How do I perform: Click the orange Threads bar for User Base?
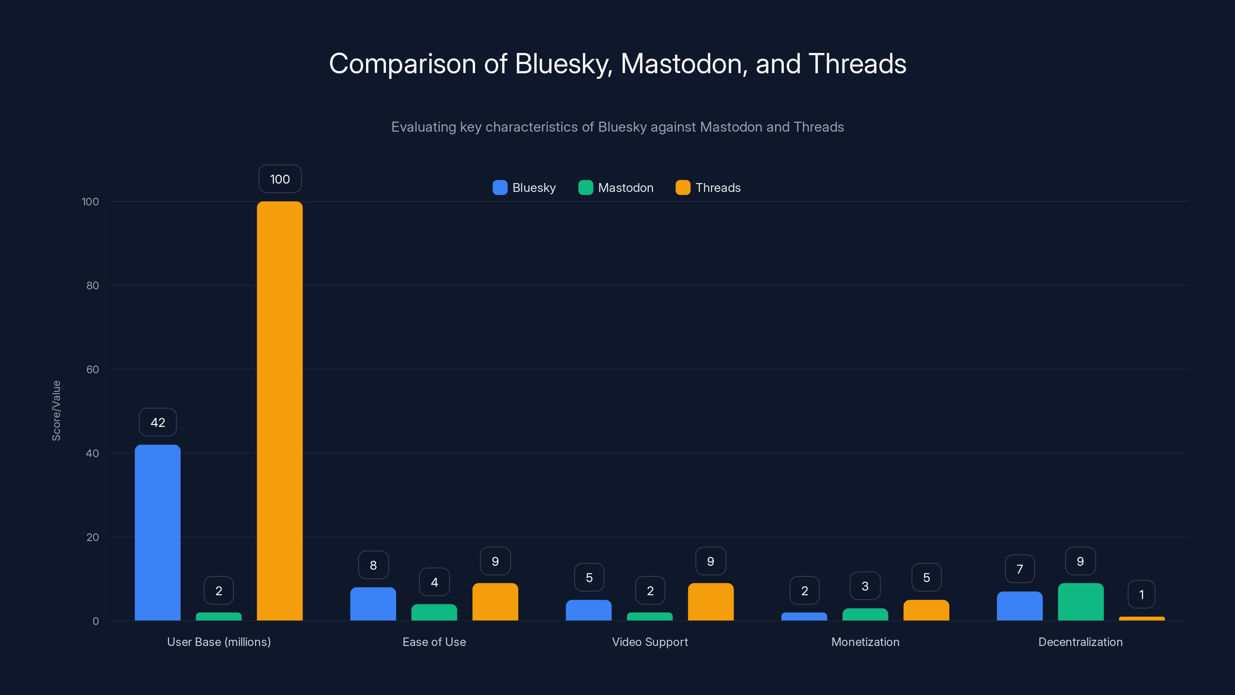[x=279, y=411]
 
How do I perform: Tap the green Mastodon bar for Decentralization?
[x=1081, y=602]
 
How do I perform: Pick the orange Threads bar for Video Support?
[x=711, y=602]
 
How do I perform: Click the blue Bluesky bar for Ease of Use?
[x=373, y=604]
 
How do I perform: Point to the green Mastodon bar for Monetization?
[x=865, y=614]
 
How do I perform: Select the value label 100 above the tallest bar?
[x=280, y=179]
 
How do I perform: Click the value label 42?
[x=158, y=422]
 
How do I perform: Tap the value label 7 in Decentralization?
[x=1020, y=569]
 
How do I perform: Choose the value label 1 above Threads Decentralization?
[x=1142, y=594]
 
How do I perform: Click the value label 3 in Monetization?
[x=865, y=586]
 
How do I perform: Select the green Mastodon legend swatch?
[x=585, y=188]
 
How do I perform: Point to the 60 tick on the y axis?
[x=93, y=370]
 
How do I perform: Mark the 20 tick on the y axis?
[x=93, y=537]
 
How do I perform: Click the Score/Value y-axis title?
[x=56, y=410]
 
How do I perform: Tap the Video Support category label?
[x=650, y=642]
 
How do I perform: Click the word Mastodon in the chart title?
[x=681, y=64]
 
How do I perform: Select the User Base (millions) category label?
[x=218, y=642]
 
